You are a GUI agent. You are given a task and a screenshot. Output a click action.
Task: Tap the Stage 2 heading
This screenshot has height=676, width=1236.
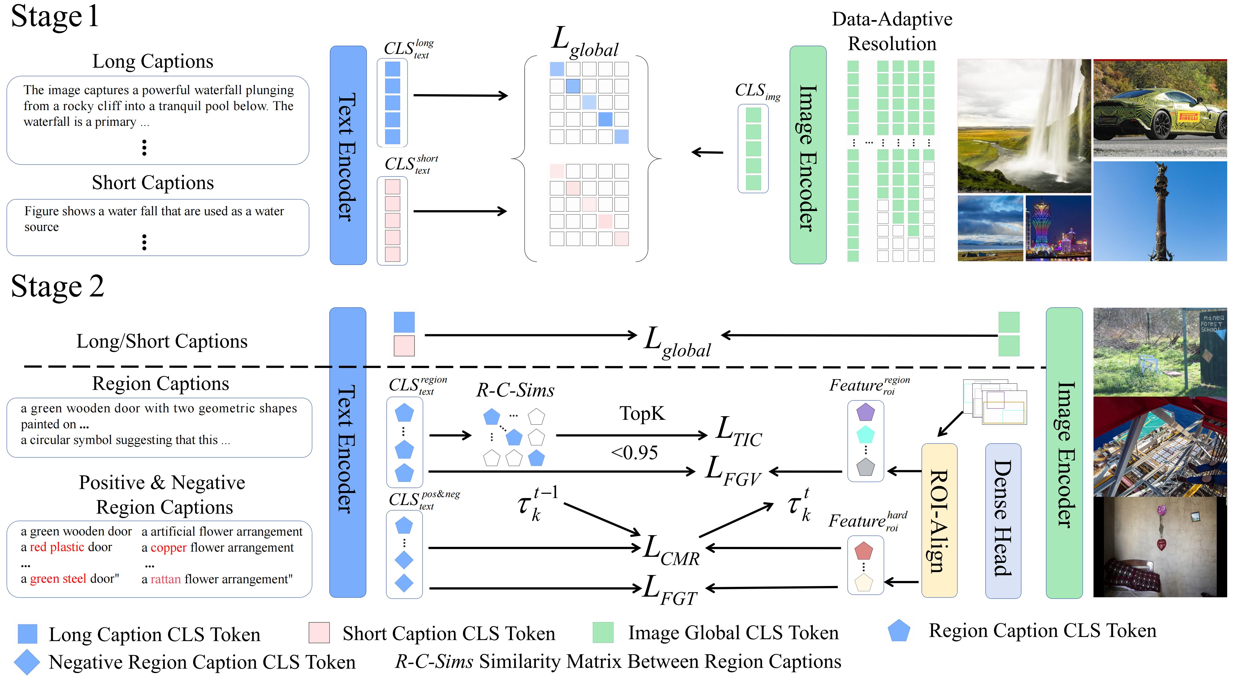[57, 287]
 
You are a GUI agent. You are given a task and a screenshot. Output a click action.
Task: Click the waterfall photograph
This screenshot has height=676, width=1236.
[1024, 126]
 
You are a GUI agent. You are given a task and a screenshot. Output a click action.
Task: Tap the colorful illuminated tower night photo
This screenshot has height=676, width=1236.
[1058, 228]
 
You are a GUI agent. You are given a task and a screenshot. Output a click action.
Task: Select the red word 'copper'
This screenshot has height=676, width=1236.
[168, 548]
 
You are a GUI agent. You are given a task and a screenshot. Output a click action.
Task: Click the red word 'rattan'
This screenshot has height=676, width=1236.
[166, 579]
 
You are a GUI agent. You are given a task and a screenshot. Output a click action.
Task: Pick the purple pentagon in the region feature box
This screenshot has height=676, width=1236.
[865, 412]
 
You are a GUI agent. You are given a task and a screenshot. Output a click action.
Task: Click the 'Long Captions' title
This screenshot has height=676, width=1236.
[153, 61]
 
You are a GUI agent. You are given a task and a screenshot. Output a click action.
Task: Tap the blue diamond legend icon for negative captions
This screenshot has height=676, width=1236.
[27, 662]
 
